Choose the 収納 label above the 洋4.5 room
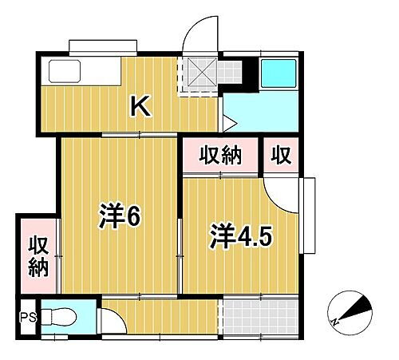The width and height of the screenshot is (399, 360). coord(219,155)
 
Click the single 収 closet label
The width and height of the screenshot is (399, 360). coord(280,155)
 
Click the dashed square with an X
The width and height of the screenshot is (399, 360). coord(199,75)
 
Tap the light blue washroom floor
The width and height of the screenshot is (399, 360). coord(263,112)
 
